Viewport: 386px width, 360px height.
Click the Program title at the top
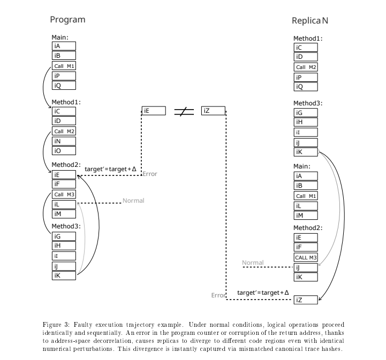click(x=67, y=20)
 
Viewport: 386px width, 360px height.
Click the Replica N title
click(x=310, y=21)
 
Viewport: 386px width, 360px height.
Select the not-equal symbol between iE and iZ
click(x=184, y=111)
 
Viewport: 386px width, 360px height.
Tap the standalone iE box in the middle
click(x=154, y=111)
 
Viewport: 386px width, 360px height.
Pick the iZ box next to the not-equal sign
click(x=213, y=111)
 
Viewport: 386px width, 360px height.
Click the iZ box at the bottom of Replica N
click(x=306, y=300)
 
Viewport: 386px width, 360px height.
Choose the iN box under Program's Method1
click(x=64, y=141)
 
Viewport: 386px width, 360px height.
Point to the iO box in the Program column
click(x=64, y=151)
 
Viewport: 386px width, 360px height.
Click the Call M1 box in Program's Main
click(x=64, y=66)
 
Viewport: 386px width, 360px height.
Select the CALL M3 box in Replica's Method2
click(x=306, y=257)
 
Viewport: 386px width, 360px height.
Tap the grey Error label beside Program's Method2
click(x=150, y=174)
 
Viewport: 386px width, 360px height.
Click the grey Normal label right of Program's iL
click(x=133, y=201)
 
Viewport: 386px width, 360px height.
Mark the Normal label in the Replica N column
click(x=253, y=263)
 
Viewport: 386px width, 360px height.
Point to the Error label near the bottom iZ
click(x=218, y=295)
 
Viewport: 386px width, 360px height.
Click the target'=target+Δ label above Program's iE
click(x=111, y=169)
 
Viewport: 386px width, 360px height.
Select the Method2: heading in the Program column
click(x=66, y=164)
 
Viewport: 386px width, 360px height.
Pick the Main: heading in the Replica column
click(x=302, y=166)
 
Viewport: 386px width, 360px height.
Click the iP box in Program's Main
click(x=64, y=76)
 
